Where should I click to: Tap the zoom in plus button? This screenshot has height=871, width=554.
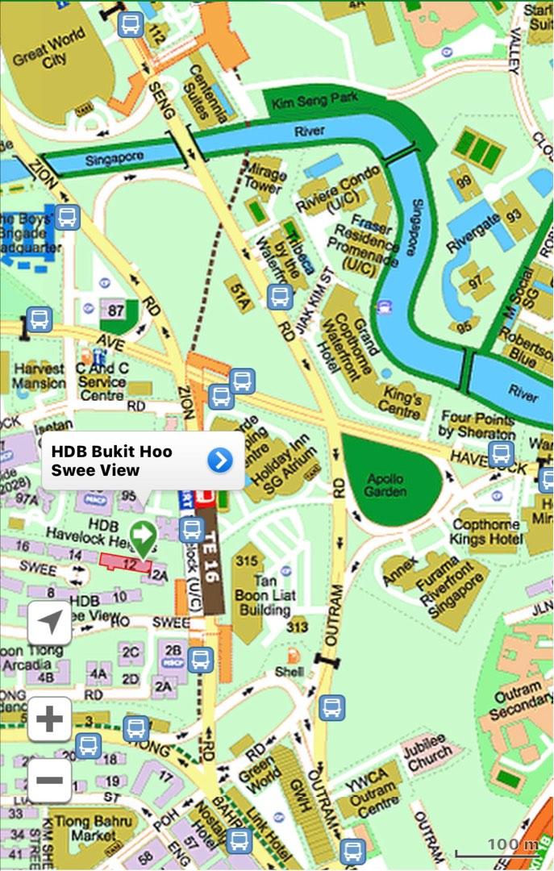pos(49,719)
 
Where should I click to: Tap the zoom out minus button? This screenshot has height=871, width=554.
pos(49,780)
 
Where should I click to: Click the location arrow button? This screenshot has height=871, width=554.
pos(49,622)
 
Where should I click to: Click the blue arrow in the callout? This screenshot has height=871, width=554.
pos(219,460)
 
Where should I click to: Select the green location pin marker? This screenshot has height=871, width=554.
pos(144,536)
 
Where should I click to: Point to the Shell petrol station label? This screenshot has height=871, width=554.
pos(289,670)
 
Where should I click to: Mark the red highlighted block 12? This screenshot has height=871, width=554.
pos(125,563)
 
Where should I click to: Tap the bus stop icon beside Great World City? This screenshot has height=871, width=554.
pos(130,24)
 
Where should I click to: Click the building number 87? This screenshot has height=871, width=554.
pos(116,310)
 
